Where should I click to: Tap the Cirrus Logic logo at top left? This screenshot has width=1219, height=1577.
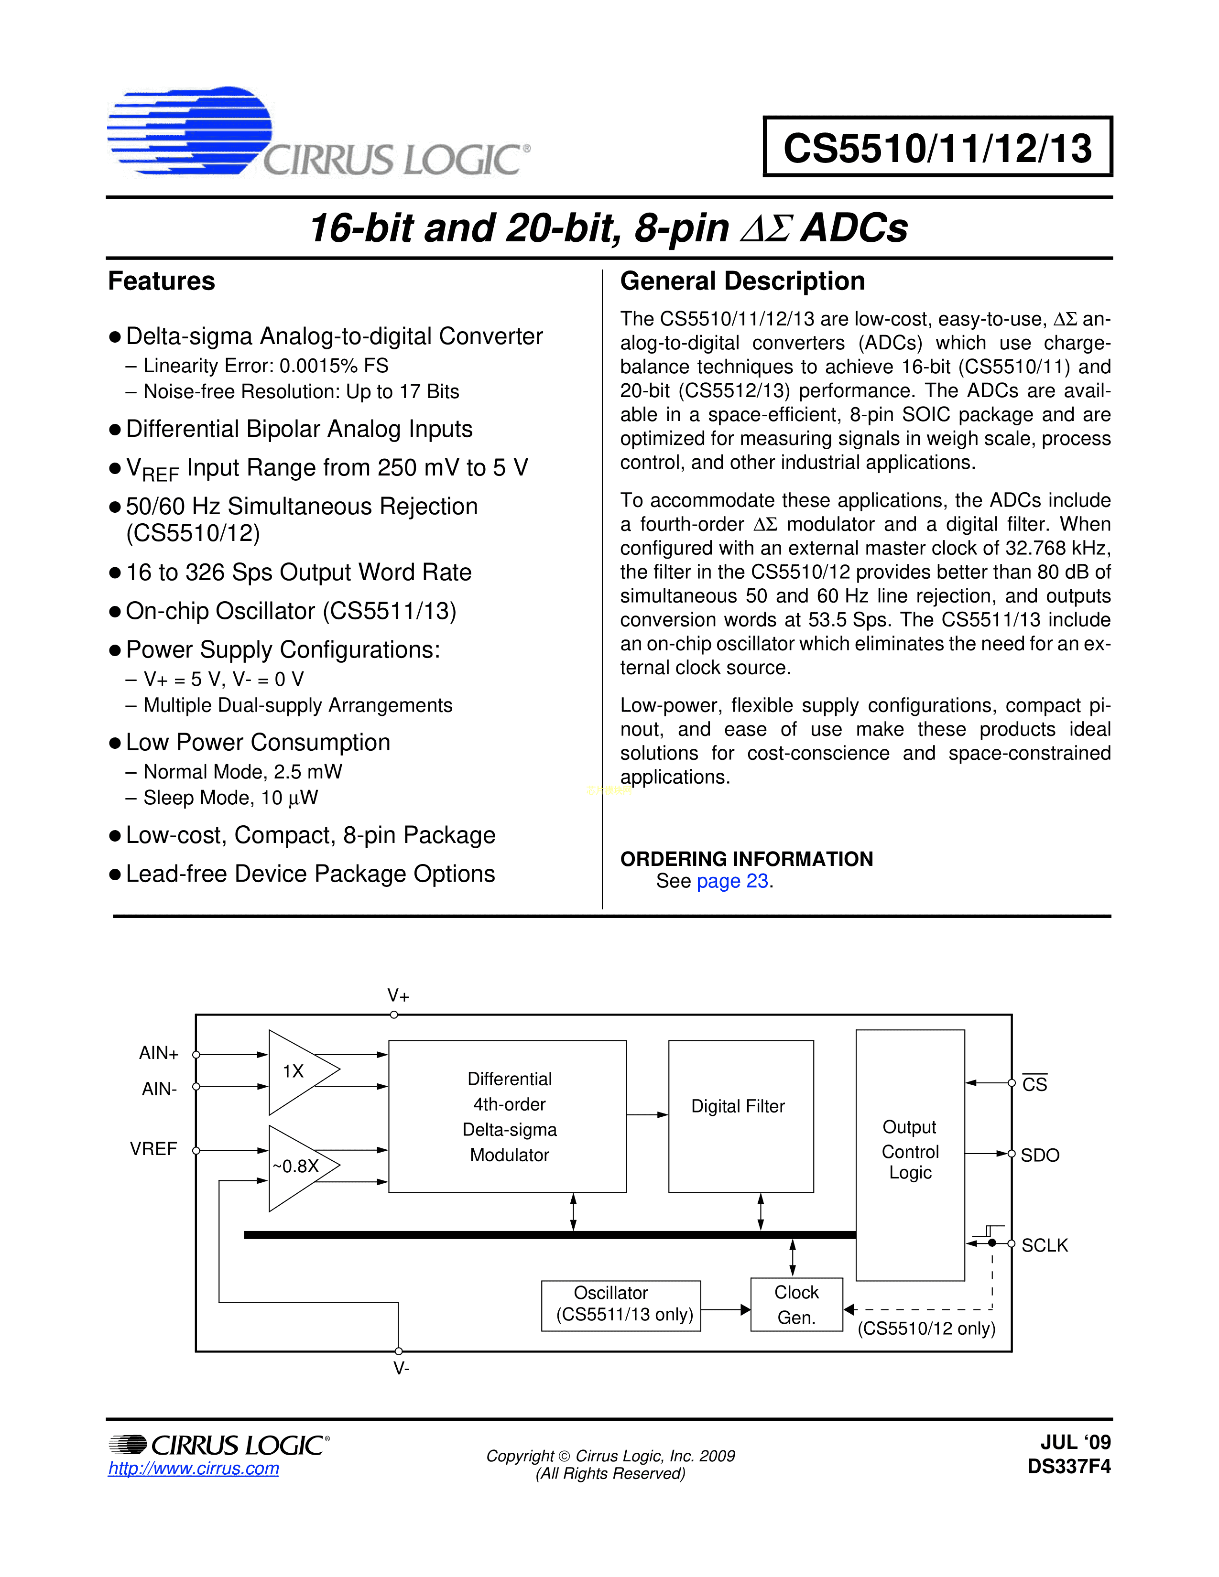318,134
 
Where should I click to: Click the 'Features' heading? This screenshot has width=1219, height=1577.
161,281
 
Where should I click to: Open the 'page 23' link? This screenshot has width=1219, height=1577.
731,881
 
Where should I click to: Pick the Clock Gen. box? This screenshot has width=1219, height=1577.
796,1304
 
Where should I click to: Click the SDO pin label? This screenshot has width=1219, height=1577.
1040,1156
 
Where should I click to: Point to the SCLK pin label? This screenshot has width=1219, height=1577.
1044,1245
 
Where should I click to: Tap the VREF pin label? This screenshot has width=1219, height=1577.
153,1149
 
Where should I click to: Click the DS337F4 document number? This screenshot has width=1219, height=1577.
1069,1467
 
